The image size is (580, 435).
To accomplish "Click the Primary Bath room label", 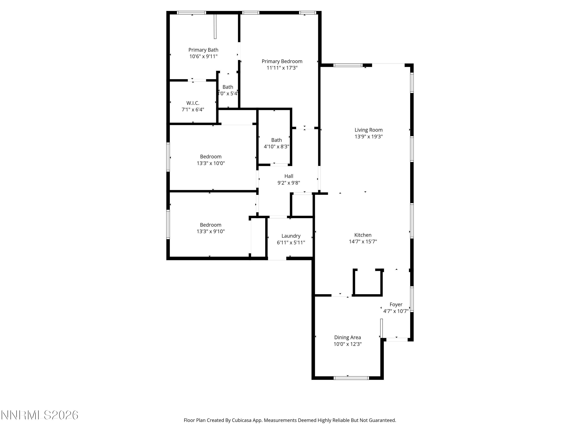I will (203, 50).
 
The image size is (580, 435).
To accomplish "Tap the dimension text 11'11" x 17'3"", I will (282, 68).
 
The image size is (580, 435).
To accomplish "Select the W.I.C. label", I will (193, 103).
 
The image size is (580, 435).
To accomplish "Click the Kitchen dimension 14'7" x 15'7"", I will (363, 241).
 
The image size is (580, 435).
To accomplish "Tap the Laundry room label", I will (291, 236).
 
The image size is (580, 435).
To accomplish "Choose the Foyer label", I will (396, 304).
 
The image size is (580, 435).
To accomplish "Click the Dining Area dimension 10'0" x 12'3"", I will (347, 344).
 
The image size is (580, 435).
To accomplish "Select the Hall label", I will (289, 176).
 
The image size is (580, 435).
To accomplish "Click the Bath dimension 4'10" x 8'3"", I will (276, 147).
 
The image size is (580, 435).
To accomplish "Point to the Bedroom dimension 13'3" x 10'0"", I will (211, 163).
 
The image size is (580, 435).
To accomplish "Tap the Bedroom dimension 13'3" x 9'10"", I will (211, 231).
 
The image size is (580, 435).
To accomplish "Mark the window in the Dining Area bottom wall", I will (351, 378).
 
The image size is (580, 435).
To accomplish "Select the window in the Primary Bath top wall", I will (191, 13).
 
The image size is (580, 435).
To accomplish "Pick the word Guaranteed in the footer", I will (383, 420).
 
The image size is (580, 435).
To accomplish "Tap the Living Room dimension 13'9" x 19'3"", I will (368, 137).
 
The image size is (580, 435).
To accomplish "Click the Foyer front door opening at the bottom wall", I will (397, 339).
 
